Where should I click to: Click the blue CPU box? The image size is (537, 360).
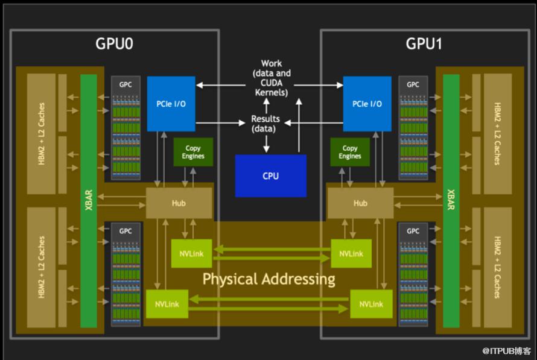point(270,175)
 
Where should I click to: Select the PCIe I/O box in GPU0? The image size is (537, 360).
point(171,104)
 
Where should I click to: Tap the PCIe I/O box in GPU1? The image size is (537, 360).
point(367,104)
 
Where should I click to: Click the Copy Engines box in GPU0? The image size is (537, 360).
point(193,152)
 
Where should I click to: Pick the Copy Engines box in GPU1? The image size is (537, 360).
point(350,152)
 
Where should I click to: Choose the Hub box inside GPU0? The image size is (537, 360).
point(179,203)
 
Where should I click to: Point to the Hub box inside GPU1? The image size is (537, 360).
point(360,203)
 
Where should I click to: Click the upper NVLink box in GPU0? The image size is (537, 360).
point(192,254)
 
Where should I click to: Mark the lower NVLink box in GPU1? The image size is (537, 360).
point(371,304)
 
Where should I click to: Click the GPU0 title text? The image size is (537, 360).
point(115,44)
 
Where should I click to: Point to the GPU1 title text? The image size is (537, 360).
point(425,44)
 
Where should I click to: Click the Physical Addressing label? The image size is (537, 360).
point(268,279)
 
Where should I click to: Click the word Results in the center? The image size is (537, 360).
point(264,119)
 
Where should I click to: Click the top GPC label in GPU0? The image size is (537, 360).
point(126,84)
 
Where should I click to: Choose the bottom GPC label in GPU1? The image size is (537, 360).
point(413,231)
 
